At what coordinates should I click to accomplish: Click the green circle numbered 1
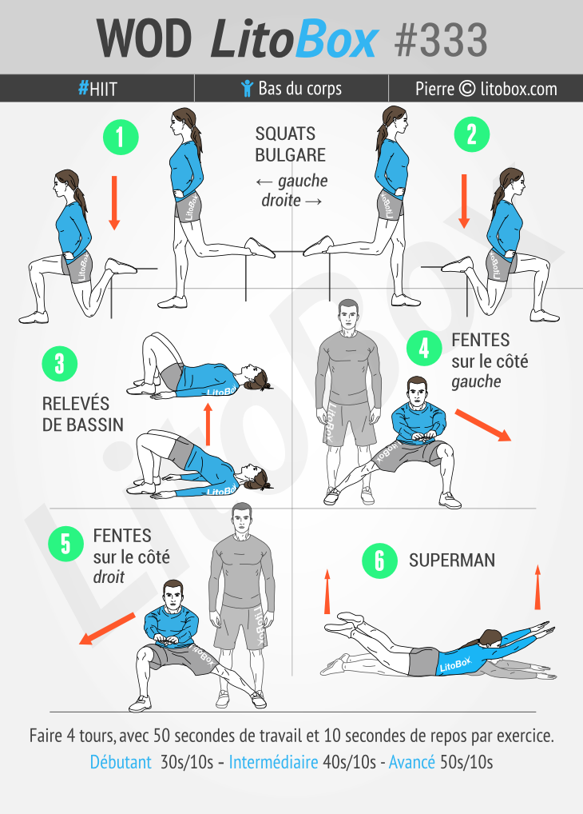point(121,137)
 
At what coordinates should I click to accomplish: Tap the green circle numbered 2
point(471,135)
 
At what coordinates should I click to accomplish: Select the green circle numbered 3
point(60,365)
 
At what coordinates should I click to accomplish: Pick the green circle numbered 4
point(424,348)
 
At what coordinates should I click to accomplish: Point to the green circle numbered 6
point(380,561)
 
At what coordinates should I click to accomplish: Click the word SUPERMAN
point(451,561)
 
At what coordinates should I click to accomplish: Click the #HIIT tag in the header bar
point(97,89)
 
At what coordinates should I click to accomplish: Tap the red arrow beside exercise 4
point(482,425)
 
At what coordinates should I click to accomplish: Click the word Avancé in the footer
point(411,762)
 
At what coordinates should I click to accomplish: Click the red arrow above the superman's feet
point(327,592)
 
